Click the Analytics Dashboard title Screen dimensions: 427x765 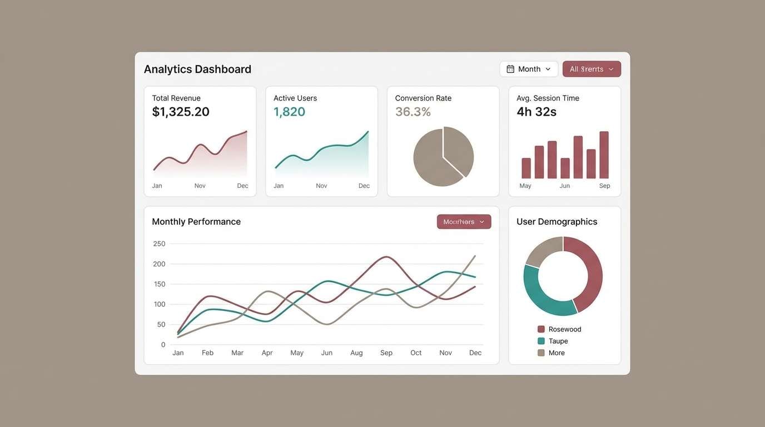pyautogui.click(x=197, y=69)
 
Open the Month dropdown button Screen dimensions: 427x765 pyautogui.click(x=529, y=69)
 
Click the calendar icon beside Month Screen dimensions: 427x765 pyautogui.click(x=510, y=69)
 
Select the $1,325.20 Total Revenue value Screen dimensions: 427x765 pyautogui.click(x=181, y=112)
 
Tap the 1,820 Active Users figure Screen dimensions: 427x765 pyautogui.click(x=289, y=112)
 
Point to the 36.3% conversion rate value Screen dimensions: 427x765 pyautogui.click(x=413, y=112)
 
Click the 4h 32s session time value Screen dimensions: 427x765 pyautogui.click(x=536, y=112)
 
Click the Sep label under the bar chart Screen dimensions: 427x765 pyautogui.click(x=604, y=186)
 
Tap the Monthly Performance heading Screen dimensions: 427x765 pyautogui.click(x=196, y=221)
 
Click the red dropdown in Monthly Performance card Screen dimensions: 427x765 pyautogui.click(x=464, y=222)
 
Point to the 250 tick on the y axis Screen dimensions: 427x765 pyautogui.click(x=159, y=244)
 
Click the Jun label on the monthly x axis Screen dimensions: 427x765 pyautogui.click(x=326, y=352)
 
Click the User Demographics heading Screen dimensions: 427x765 pyautogui.click(x=557, y=221)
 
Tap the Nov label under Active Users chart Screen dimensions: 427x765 pyautogui.click(x=321, y=186)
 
